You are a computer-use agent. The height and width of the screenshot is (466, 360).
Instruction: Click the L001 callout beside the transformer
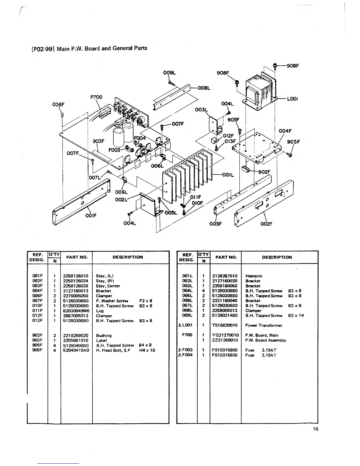[x=293, y=99]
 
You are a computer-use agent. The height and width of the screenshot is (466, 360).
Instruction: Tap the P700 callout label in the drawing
[x=96, y=97]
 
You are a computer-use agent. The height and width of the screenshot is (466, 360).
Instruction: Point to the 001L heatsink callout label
[x=228, y=175]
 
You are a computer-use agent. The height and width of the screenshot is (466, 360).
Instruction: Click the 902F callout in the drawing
[x=264, y=172]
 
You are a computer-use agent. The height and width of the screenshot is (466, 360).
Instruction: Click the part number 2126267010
[x=225, y=276]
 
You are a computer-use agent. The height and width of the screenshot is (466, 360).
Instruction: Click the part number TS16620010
[x=225, y=325]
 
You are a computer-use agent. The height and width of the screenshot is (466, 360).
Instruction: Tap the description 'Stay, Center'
[x=108, y=286]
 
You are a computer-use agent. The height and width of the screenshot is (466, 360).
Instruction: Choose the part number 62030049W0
[x=76, y=311]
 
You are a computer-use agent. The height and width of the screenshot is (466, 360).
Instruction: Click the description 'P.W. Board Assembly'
[x=266, y=340]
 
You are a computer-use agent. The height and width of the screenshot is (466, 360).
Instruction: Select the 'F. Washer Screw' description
[x=112, y=301]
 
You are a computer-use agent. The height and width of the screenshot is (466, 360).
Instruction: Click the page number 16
[x=315, y=429]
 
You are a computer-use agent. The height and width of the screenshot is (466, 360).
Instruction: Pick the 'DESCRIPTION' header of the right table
[x=277, y=257]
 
